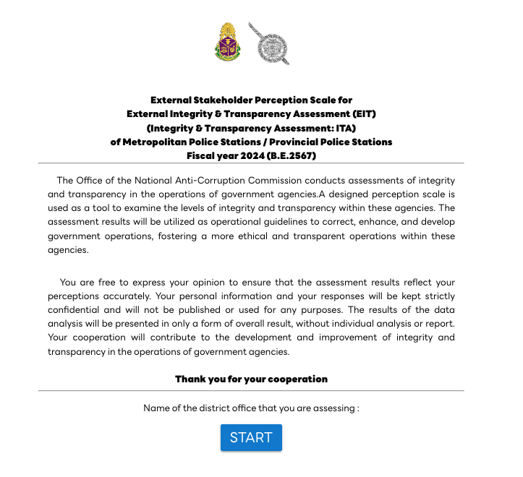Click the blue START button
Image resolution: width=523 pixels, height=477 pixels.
click(251, 437)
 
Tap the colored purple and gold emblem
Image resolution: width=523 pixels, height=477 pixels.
click(227, 42)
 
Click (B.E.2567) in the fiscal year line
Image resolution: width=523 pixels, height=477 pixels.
click(292, 155)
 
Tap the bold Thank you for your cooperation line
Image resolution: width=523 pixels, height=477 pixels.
click(251, 379)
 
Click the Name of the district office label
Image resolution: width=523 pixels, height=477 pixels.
click(251, 408)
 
